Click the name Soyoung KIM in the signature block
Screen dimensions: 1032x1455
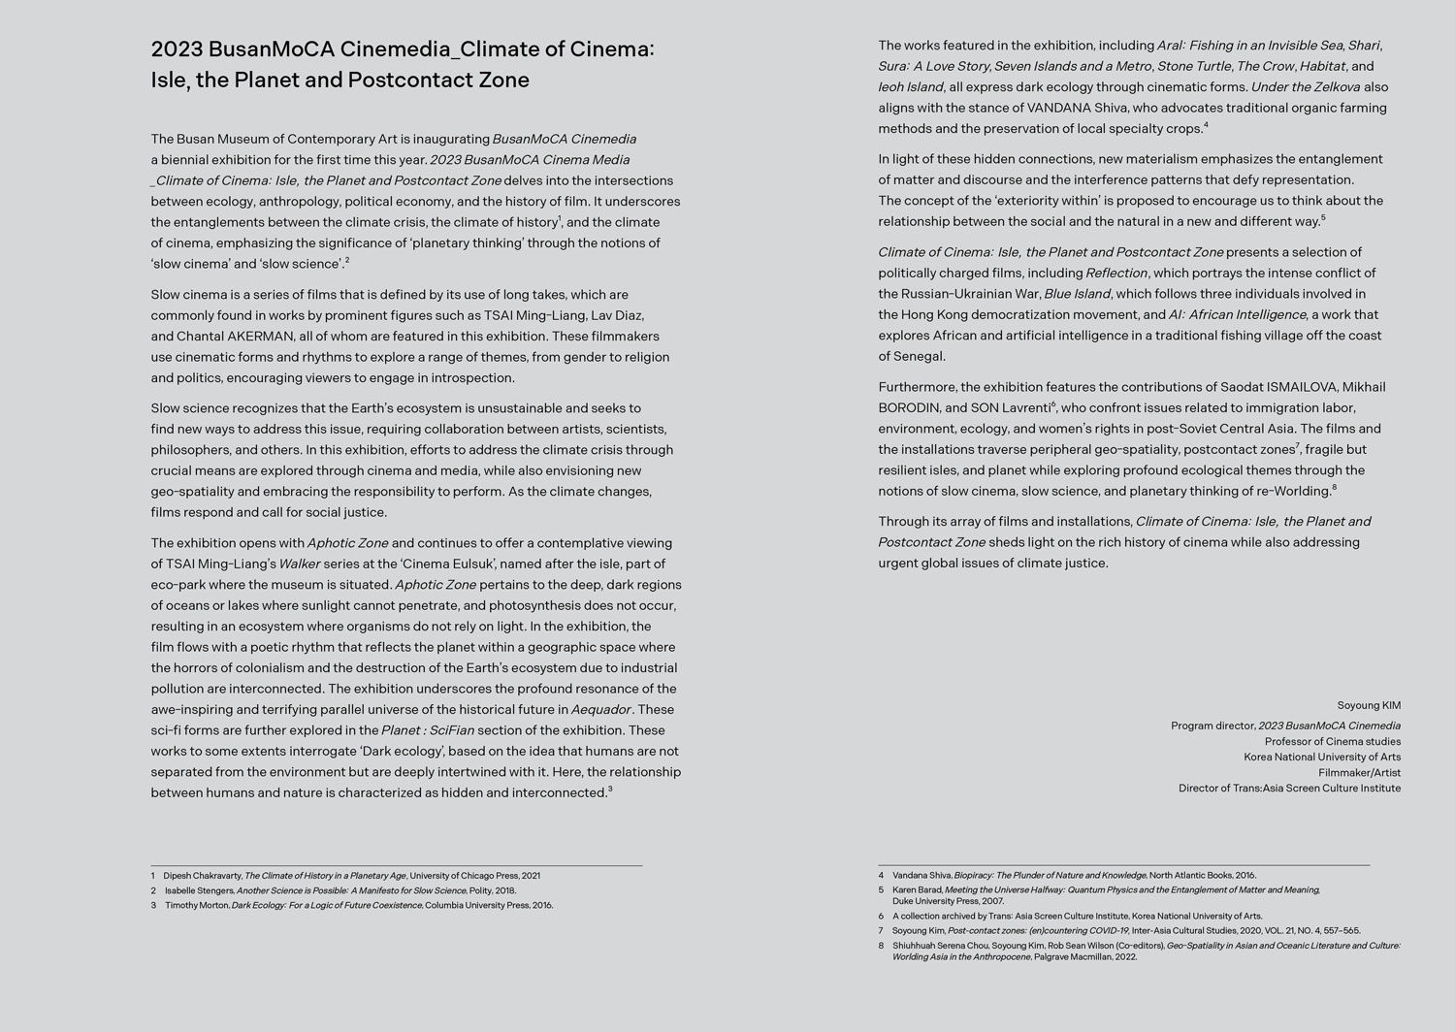tap(1369, 705)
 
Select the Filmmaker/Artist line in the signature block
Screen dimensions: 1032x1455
tap(1359, 773)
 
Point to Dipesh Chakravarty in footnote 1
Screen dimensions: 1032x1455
tap(203, 876)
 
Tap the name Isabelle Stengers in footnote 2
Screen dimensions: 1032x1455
tap(200, 890)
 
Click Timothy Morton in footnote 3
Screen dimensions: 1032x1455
tap(197, 905)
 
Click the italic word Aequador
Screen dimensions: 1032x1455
tap(601, 709)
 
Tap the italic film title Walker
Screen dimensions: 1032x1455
tap(299, 564)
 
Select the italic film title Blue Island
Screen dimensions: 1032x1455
tap(1077, 294)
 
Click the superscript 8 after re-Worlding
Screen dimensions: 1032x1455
tap(1334, 488)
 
